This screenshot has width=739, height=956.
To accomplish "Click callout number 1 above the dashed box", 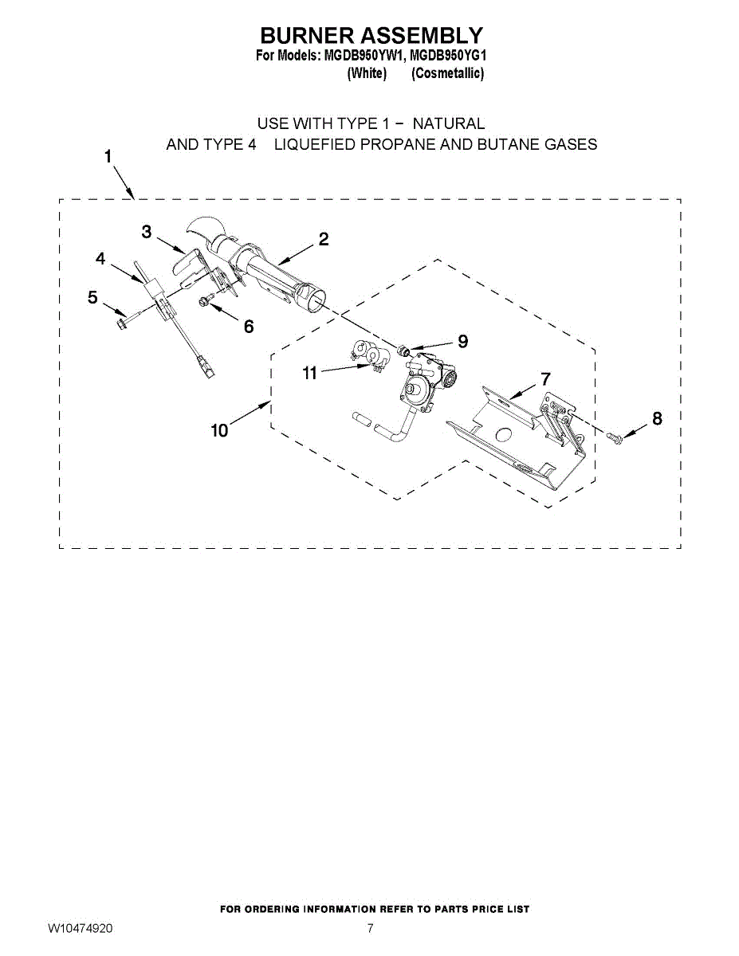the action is [x=108, y=157].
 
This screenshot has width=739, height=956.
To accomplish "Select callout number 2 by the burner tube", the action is [x=324, y=239].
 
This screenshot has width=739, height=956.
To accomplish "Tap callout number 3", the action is [x=147, y=231].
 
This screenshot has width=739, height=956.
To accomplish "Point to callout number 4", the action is [x=100, y=259].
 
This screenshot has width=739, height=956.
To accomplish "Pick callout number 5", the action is [x=92, y=297].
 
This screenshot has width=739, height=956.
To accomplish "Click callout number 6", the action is [x=249, y=327].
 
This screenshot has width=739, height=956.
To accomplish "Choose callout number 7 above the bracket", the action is [x=545, y=378].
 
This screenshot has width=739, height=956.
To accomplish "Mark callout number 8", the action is [x=657, y=418].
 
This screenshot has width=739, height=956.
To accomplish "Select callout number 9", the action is [x=462, y=341].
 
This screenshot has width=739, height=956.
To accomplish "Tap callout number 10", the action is [x=220, y=430].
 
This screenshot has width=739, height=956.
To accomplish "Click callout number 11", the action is [x=309, y=373].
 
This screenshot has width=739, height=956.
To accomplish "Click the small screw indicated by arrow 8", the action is [x=615, y=437].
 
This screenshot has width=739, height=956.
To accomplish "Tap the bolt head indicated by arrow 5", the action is [x=120, y=323].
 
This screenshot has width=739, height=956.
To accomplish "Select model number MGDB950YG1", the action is [x=448, y=56].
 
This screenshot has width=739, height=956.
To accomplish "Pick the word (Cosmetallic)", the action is [x=448, y=73].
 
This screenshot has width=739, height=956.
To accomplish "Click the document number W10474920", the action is [x=80, y=928].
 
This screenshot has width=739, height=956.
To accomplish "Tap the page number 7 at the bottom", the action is [x=370, y=928].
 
